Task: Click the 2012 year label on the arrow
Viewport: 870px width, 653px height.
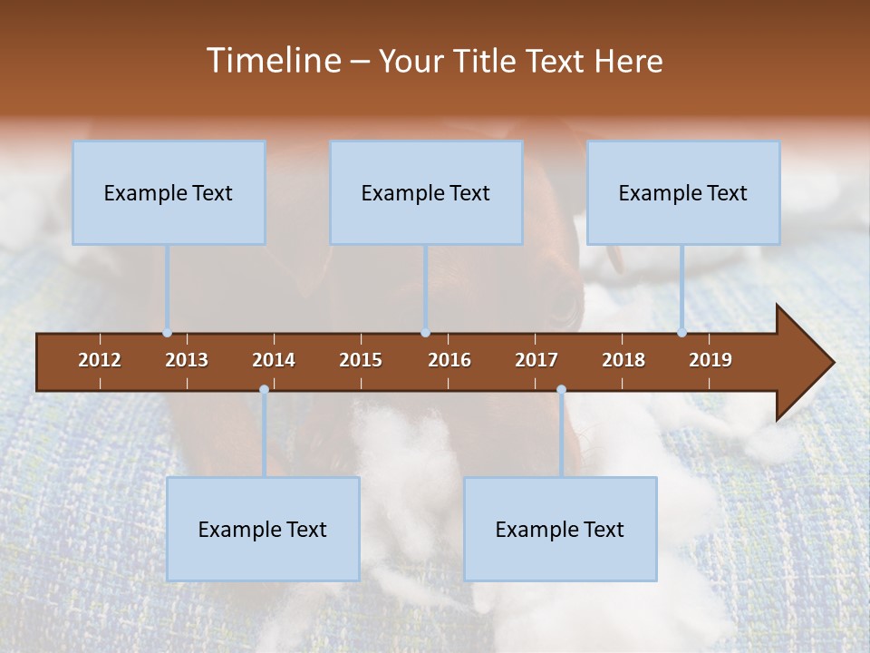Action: pos(100,360)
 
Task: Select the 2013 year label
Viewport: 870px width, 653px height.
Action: pos(187,360)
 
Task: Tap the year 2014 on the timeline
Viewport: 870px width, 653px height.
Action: pos(274,360)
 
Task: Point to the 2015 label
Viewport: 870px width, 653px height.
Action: pos(361,360)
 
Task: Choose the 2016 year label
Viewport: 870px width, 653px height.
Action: pos(449,360)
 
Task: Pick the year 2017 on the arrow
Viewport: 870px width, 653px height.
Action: pos(536,360)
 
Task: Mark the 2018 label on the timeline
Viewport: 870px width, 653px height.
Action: pos(623,360)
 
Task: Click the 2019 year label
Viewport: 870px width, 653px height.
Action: pos(710,360)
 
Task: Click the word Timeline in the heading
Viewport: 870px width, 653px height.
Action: pos(273,61)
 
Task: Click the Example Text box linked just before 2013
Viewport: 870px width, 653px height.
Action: pos(169,192)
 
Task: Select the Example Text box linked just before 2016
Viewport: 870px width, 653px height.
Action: pos(426,192)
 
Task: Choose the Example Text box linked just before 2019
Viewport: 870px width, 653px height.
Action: pos(683,192)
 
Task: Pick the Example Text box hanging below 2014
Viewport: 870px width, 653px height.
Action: pos(263,529)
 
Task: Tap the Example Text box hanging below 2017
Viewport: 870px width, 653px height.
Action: pos(560,529)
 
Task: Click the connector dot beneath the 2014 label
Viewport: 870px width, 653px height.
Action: pos(264,390)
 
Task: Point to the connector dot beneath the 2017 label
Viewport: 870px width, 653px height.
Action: pos(561,390)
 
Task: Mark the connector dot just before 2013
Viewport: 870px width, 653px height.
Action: pos(167,333)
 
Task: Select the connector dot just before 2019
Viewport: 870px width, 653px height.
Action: pos(681,333)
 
